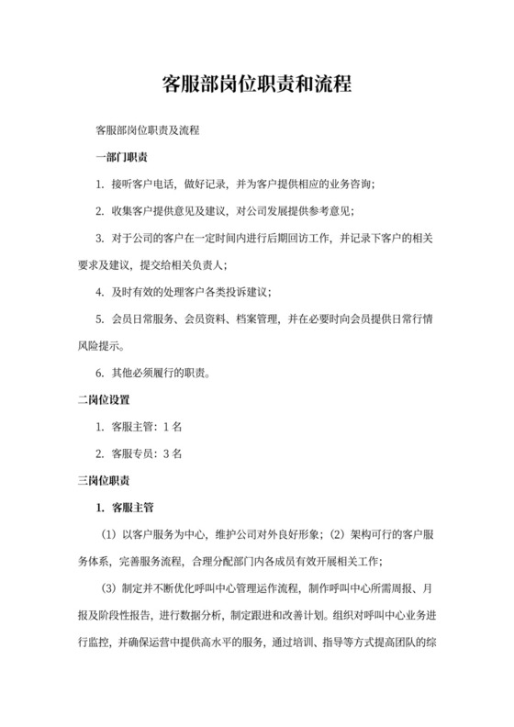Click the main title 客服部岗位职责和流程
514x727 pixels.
tap(256, 84)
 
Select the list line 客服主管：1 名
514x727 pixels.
tap(147, 427)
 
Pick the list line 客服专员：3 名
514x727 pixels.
tap(147, 453)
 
